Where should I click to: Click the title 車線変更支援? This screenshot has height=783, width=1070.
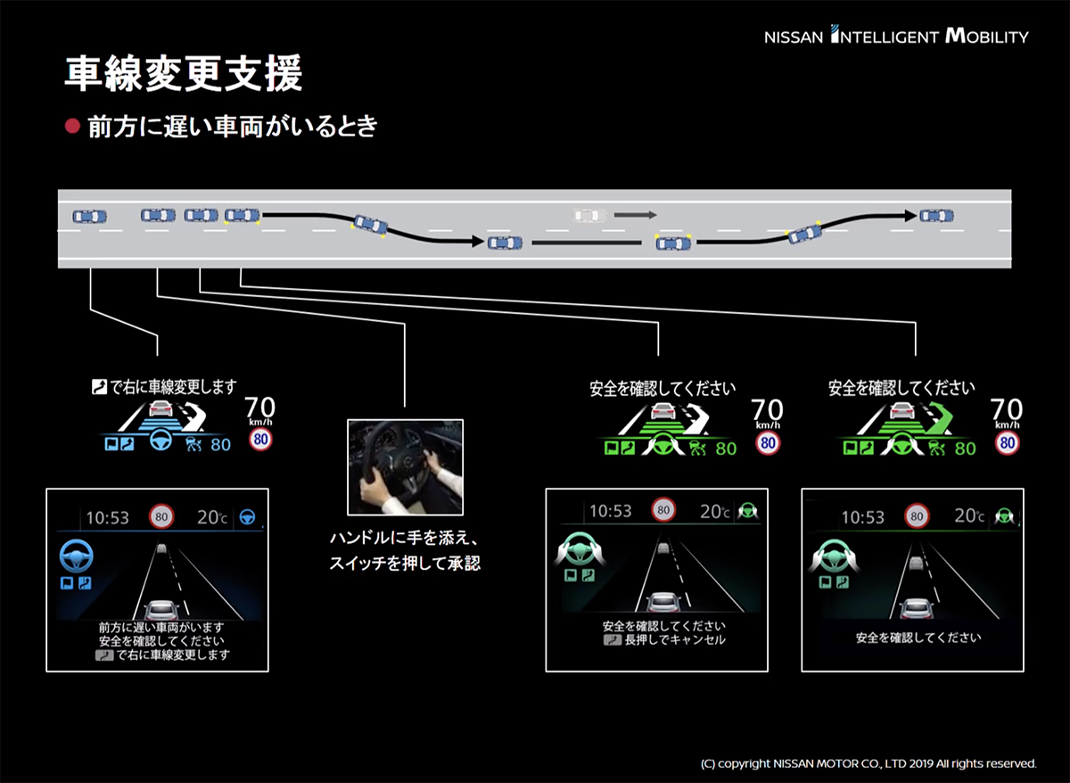pyautogui.click(x=184, y=75)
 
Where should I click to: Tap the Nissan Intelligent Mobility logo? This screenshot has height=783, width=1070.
pyautogui.click(x=895, y=37)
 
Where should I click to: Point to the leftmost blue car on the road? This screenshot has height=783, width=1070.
pyautogui.click(x=89, y=216)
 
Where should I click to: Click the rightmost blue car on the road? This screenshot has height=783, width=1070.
pyautogui.click(x=936, y=215)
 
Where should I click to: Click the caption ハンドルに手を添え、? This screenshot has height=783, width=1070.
pyautogui.click(x=405, y=540)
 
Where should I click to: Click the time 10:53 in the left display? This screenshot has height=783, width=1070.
pyautogui.click(x=108, y=517)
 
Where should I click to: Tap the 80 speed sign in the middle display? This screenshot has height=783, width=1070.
pyautogui.click(x=663, y=510)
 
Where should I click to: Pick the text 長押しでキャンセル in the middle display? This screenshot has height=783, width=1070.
pyautogui.click(x=675, y=640)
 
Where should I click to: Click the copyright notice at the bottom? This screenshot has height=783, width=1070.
pyautogui.click(x=868, y=763)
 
